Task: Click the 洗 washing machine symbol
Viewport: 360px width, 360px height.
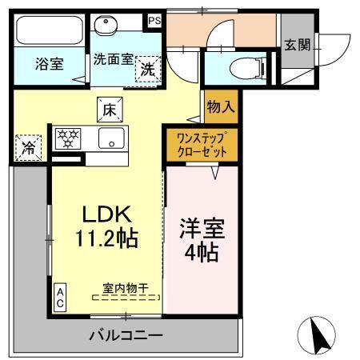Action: coord(148,69)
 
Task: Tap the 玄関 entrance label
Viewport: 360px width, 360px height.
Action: coord(298,45)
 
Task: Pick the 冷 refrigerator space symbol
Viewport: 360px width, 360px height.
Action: coord(28,146)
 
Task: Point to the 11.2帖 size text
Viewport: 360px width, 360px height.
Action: coord(108,238)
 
